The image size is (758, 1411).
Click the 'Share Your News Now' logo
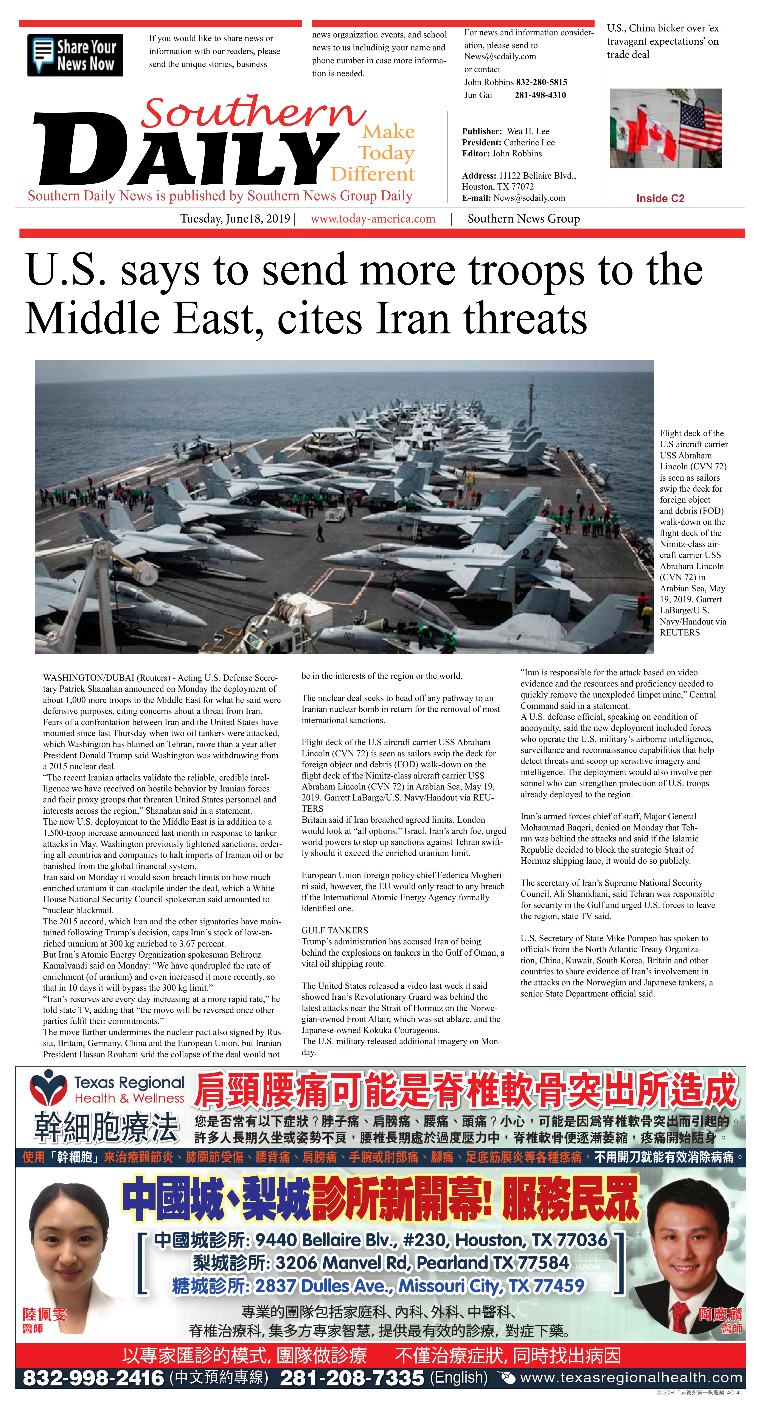pos(75,55)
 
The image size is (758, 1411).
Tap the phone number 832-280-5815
pos(541,82)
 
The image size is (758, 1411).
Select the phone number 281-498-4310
pos(540,95)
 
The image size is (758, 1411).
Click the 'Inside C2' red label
pos(660,198)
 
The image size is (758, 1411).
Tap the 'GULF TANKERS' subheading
pos(335,930)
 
